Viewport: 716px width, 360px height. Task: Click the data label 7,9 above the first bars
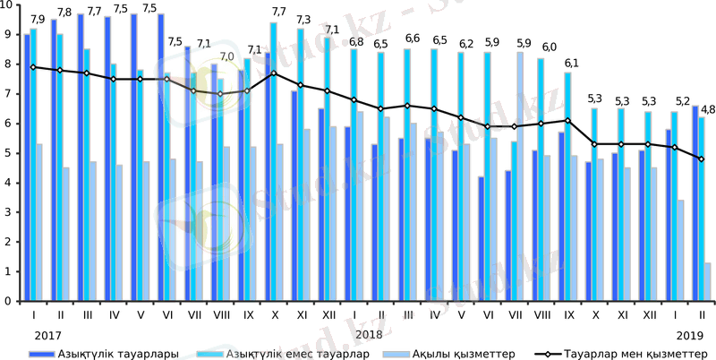coord(38,20)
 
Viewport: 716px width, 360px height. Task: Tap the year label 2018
coord(368,333)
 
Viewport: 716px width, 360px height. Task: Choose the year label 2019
coord(690,333)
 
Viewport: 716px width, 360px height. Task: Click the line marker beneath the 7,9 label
coord(33,67)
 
